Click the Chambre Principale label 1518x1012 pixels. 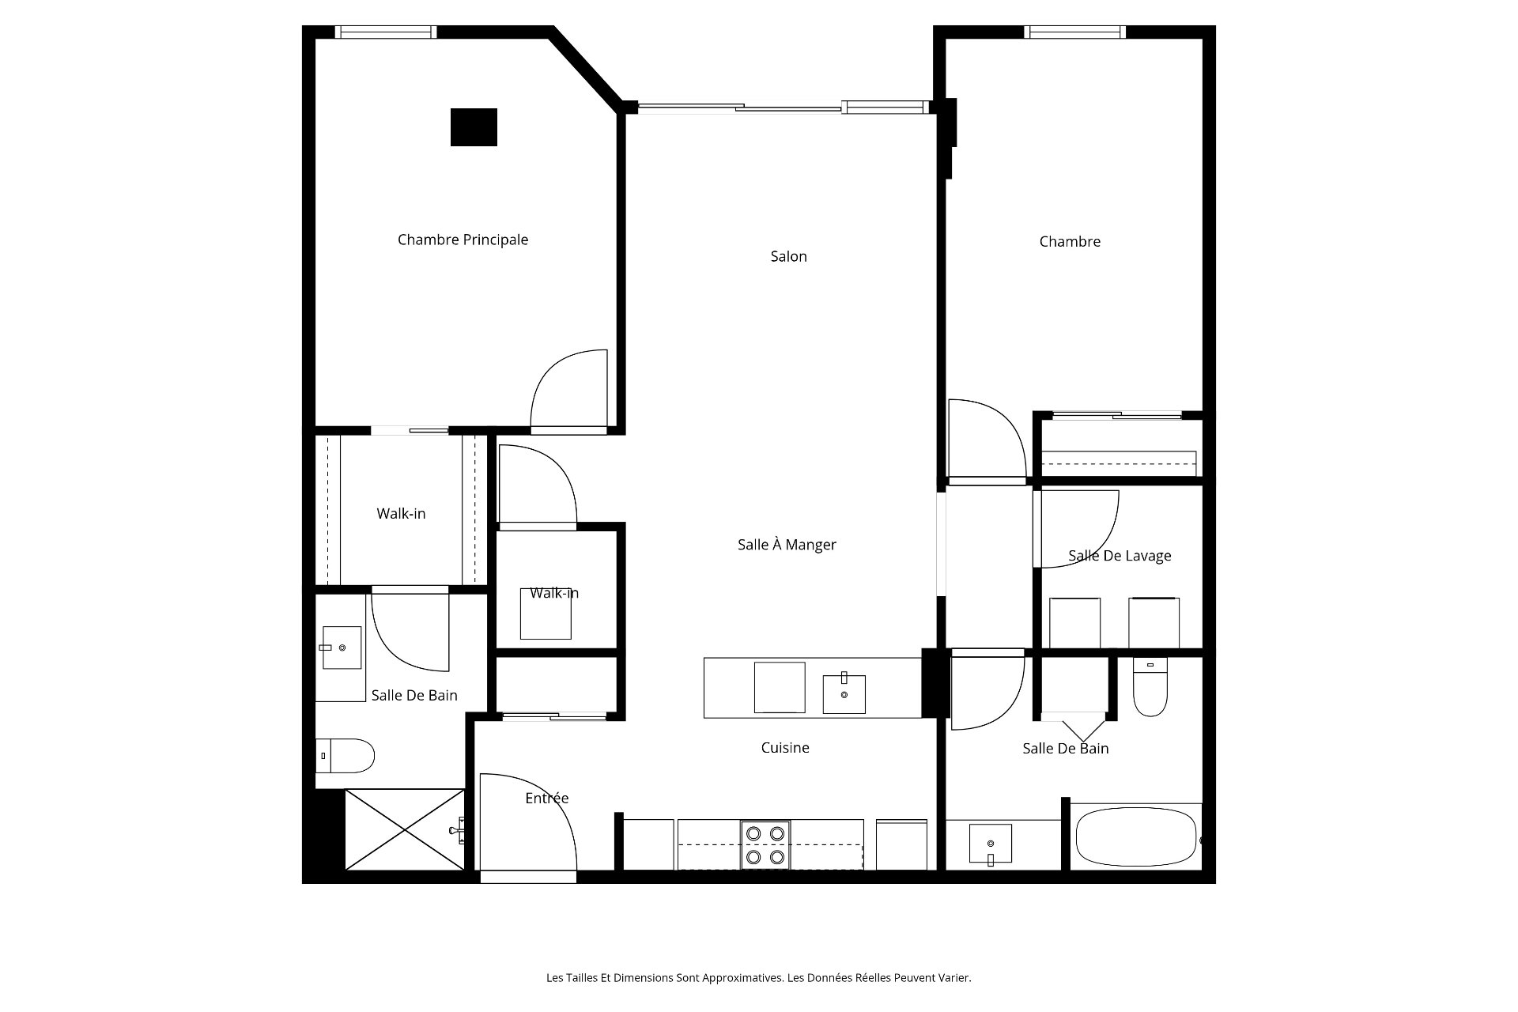[463, 240]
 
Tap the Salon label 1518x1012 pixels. [788, 256]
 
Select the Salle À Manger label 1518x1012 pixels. [787, 545]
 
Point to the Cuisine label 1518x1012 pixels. [785, 747]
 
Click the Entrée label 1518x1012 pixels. [547, 798]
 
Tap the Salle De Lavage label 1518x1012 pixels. [1120, 556]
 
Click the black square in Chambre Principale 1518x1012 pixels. [474, 127]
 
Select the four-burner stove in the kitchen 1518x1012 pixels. [765, 844]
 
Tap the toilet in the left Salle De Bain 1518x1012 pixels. [345, 756]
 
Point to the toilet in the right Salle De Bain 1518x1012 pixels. [1150, 686]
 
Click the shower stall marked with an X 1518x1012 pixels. [405, 829]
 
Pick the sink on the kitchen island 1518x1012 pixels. [844, 693]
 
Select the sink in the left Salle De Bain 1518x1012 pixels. [342, 648]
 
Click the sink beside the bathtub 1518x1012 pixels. [990, 844]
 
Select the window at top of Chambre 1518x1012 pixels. [1074, 32]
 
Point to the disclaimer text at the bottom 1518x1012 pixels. [758, 978]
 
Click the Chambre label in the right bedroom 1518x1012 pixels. [1070, 242]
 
